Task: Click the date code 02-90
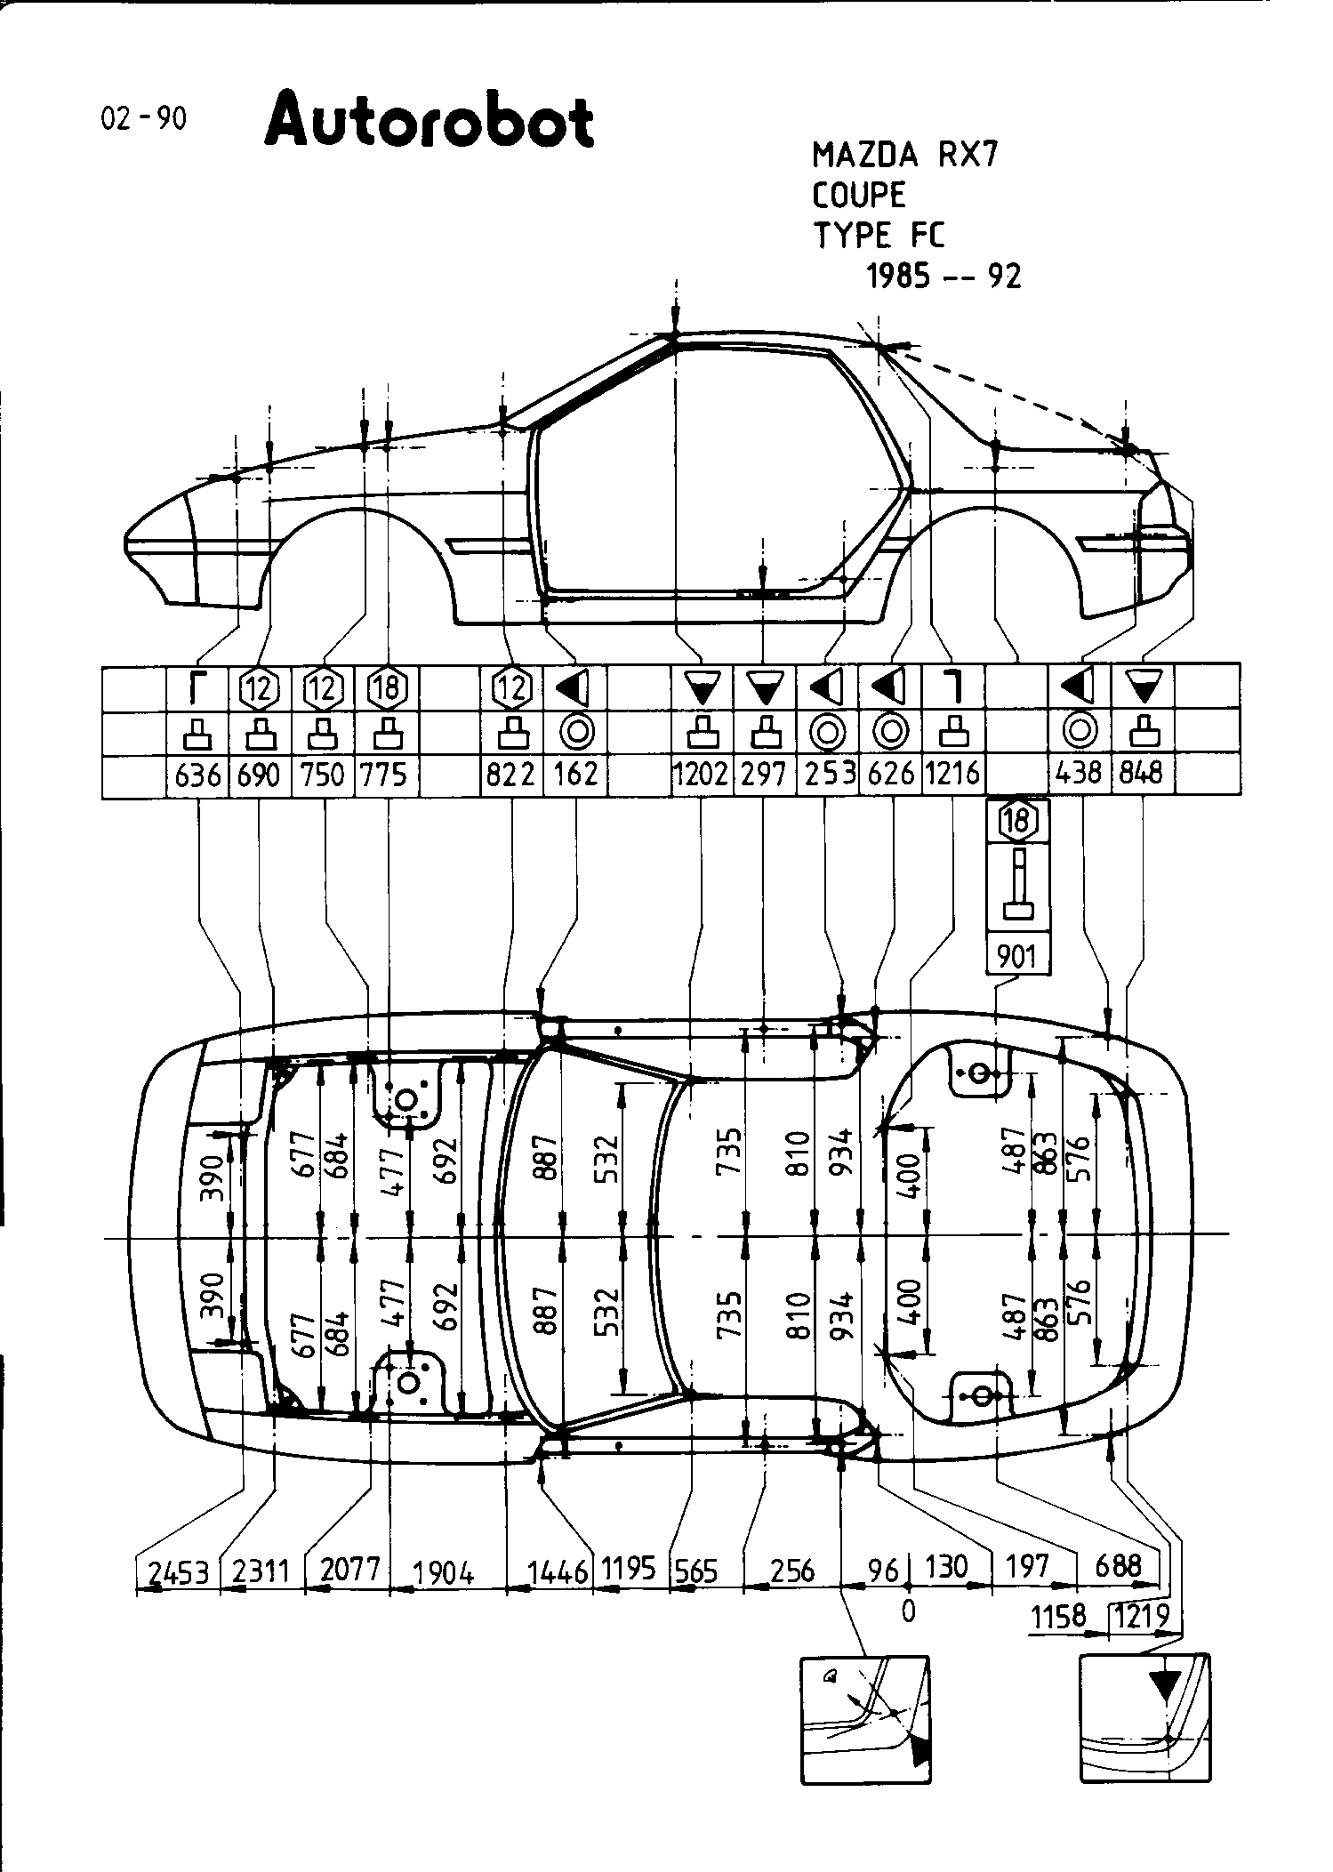pos(144,118)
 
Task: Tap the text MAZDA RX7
pos(905,156)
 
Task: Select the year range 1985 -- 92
pos(944,277)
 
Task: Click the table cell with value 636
pos(197,775)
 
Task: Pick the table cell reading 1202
pos(701,775)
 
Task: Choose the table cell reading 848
pos(1141,774)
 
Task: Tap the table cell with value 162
pos(575,775)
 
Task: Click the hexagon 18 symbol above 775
pos(387,687)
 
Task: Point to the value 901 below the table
pos(1017,956)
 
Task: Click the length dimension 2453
pos(178,1573)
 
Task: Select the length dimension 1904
pos(444,1573)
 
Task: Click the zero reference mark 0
pos(908,1611)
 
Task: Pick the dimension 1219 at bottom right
pos(1143,1615)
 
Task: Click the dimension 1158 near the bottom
pos(1058,1615)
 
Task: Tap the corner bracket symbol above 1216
pos(952,687)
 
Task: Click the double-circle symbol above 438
pos(1080,732)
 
